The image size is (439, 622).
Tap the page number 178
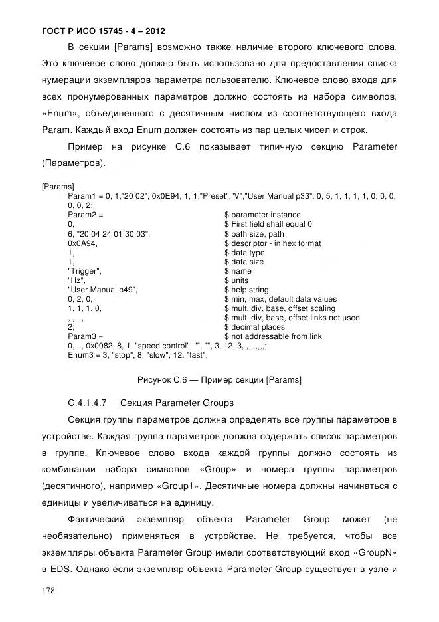[48, 589]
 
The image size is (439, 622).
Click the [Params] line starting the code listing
[58, 187]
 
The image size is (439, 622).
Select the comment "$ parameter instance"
[262, 215]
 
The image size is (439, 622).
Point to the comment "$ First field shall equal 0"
[268, 225]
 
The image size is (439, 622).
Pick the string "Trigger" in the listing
[84, 271]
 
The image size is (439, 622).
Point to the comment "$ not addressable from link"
[273, 336]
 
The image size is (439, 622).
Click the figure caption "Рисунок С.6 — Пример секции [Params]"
[219, 381]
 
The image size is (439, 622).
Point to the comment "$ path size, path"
[254, 234]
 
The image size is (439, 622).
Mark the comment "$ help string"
[247, 290]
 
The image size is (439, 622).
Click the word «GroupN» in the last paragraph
[373, 553]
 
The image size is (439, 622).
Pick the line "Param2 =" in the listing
[86, 215]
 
